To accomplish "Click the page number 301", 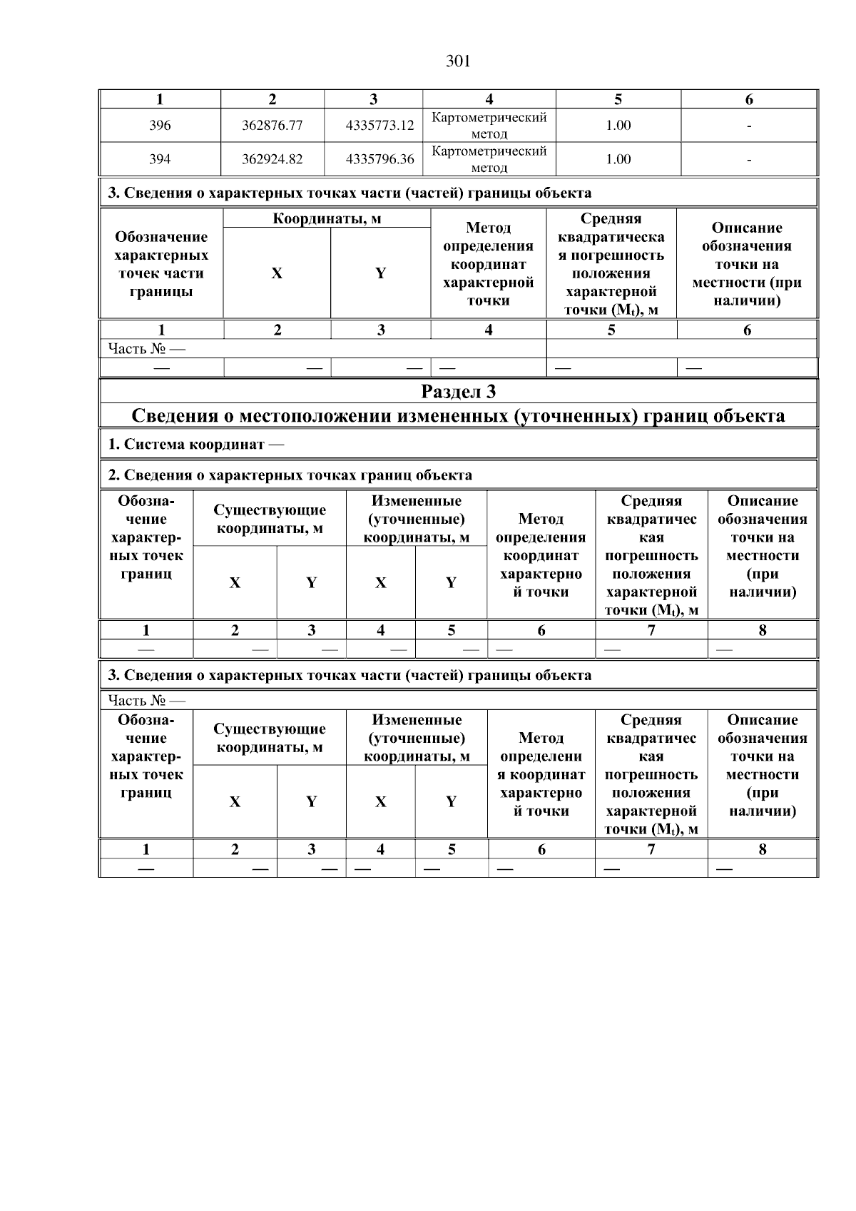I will [458, 61].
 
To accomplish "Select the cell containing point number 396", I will [160, 126].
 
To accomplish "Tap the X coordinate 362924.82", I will [272, 159].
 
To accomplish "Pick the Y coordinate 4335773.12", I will [379, 126].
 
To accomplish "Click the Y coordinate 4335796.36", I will [379, 159].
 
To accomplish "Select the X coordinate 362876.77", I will [272, 126].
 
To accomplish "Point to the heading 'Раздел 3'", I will [458, 392].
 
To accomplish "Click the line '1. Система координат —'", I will [196, 445].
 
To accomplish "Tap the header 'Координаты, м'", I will [327, 219].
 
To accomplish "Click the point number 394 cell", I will [160, 159].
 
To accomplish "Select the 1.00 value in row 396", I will [618, 126].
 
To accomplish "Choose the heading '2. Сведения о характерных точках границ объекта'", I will [290, 475].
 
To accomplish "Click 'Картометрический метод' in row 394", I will [489, 159].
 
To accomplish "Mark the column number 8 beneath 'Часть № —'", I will [763, 849].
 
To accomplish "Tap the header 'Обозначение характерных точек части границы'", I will [161, 264].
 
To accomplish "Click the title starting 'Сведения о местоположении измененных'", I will [458, 416].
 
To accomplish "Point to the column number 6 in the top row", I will [749, 100].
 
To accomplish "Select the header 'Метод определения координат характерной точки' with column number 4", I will [489, 264].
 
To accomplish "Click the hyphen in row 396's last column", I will [749, 126].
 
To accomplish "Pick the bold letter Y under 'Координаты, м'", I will [380, 273].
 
